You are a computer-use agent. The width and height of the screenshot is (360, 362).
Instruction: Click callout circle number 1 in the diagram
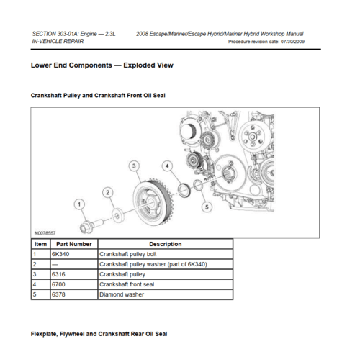coord(79,204)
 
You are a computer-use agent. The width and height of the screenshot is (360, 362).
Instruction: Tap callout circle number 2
coord(108,192)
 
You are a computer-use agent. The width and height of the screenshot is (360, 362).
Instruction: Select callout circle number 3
coord(134,166)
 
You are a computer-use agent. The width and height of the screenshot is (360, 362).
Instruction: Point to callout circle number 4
coord(167,166)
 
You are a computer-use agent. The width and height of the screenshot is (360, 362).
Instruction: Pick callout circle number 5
coord(207,207)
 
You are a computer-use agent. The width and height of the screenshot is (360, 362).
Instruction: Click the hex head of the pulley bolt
coord(84,227)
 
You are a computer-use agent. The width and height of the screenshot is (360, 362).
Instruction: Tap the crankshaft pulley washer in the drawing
coord(118,216)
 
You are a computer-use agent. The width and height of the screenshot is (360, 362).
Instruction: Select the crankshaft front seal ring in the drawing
coord(184,190)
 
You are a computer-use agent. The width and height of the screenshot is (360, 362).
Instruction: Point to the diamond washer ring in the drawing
coord(197,185)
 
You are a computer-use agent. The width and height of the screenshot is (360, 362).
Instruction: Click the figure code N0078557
coord(45,233)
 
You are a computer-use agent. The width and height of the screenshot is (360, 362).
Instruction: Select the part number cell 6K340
coord(60,254)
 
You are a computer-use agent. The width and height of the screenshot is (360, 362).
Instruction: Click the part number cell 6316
coord(58,274)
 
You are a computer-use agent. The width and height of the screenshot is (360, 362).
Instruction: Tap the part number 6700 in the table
coord(58,284)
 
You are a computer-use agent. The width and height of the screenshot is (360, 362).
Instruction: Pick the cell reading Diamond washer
coord(122,294)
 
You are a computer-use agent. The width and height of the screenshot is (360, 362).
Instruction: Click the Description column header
coord(166,244)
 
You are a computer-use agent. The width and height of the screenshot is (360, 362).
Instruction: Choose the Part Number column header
coord(74,244)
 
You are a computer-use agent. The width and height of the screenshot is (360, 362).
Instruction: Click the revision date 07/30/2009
coord(292,42)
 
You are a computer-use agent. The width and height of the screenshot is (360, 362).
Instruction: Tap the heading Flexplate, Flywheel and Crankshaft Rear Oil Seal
coord(99,334)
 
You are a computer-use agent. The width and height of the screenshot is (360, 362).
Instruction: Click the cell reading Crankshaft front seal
coord(127,284)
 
